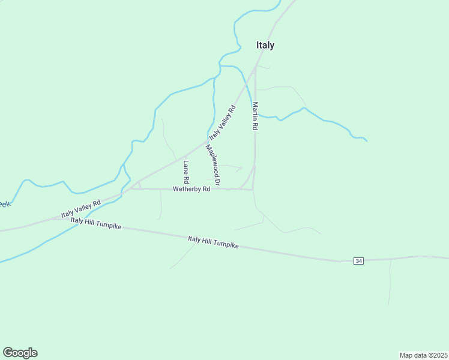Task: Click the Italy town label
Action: tap(265, 45)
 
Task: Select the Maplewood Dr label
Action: tap(213, 165)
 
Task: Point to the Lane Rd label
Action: tap(186, 172)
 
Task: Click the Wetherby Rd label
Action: tap(191, 189)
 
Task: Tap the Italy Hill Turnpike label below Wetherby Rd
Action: tap(213, 242)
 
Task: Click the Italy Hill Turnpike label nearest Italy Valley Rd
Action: tap(96, 224)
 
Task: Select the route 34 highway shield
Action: tap(359, 261)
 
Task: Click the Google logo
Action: tap(20, 353)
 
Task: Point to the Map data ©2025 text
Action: tap(423, 355)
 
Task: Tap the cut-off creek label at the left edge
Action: tap(4, 205)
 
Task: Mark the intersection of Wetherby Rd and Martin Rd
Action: tap(253, 190)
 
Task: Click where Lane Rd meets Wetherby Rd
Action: tap(186, 189)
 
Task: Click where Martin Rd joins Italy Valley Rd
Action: tap(255, 68)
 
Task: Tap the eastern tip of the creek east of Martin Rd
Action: tap(367, 140)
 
